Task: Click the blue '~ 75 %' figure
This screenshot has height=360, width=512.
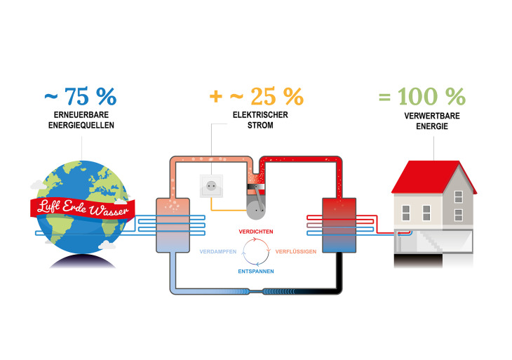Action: point(81,96)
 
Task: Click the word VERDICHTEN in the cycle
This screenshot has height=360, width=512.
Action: point(255,232)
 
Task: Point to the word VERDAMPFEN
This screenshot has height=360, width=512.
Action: point(217,251)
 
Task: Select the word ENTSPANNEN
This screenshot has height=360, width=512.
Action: point(255,271)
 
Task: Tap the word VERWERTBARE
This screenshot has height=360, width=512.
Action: point(430,116)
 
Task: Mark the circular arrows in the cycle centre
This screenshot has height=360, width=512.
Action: point(255,251)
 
